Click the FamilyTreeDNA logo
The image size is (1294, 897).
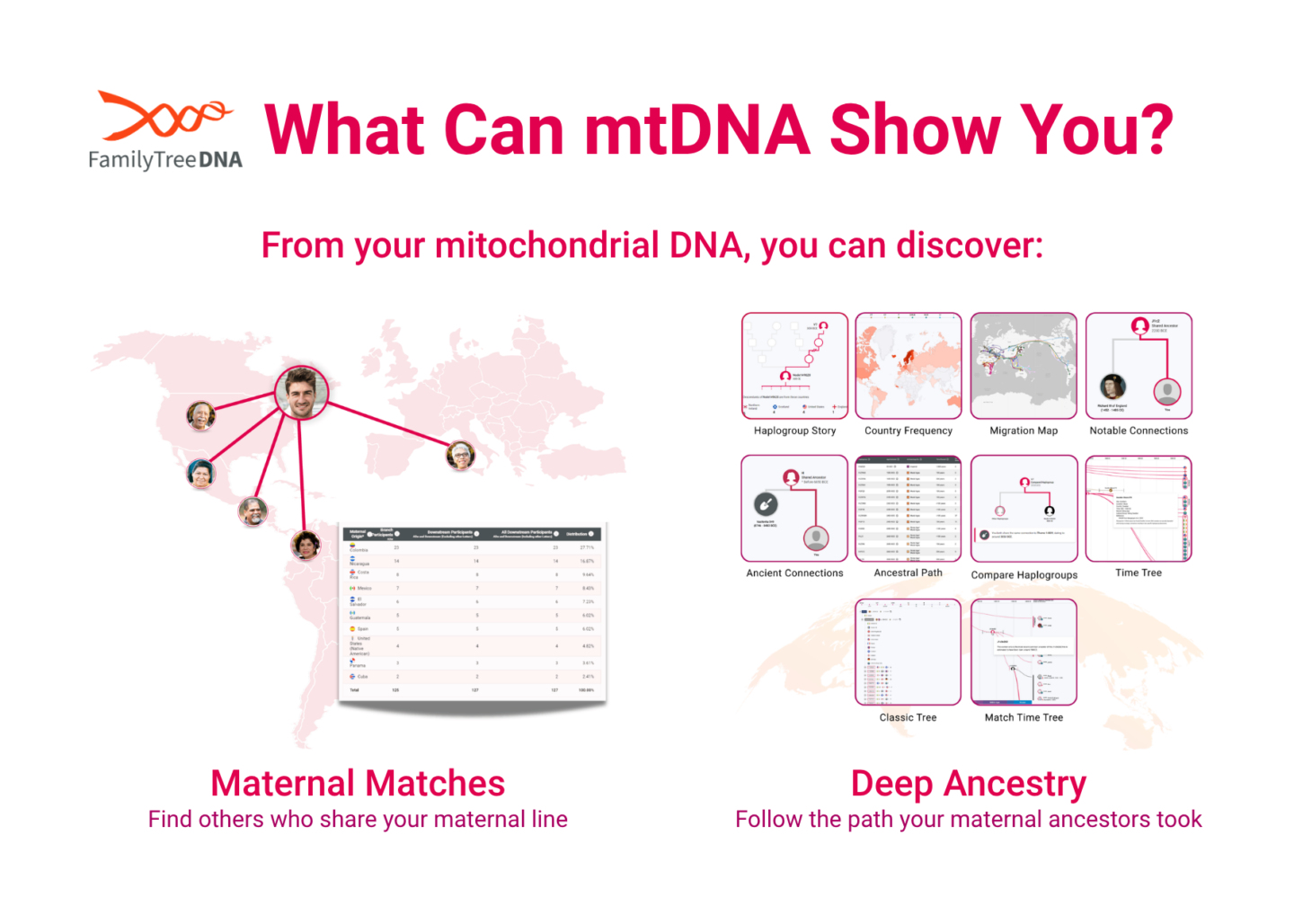[x=165, y=131]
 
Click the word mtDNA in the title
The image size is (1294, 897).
[x=697, y=130]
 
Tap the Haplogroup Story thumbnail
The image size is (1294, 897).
[x=794, y=366]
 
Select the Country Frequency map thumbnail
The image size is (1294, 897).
[x=908, y=366]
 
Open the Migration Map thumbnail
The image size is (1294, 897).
[x=1024, y=366]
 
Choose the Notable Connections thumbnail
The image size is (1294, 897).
[x=1139, y=366]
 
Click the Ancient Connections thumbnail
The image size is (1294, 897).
[x=794, y=509]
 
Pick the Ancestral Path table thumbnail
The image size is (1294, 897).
[x=908, y=509]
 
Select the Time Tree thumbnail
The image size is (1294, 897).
[x=1139, y=509]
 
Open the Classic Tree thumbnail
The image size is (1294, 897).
[x=908, y=653]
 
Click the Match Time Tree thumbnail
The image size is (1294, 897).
[x=1024, y=653]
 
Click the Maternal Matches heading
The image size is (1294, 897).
[x=358, y=784]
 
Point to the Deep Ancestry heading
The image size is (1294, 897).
[x=969, y=784]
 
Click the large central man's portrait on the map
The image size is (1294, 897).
[x=301, y=392]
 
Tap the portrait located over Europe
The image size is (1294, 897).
[x=460, y=456]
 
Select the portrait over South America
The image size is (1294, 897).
[x=306, y=545]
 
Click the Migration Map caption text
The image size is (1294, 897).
[x=1024, y=431]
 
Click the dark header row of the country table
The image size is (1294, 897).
[x=473, y=534]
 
